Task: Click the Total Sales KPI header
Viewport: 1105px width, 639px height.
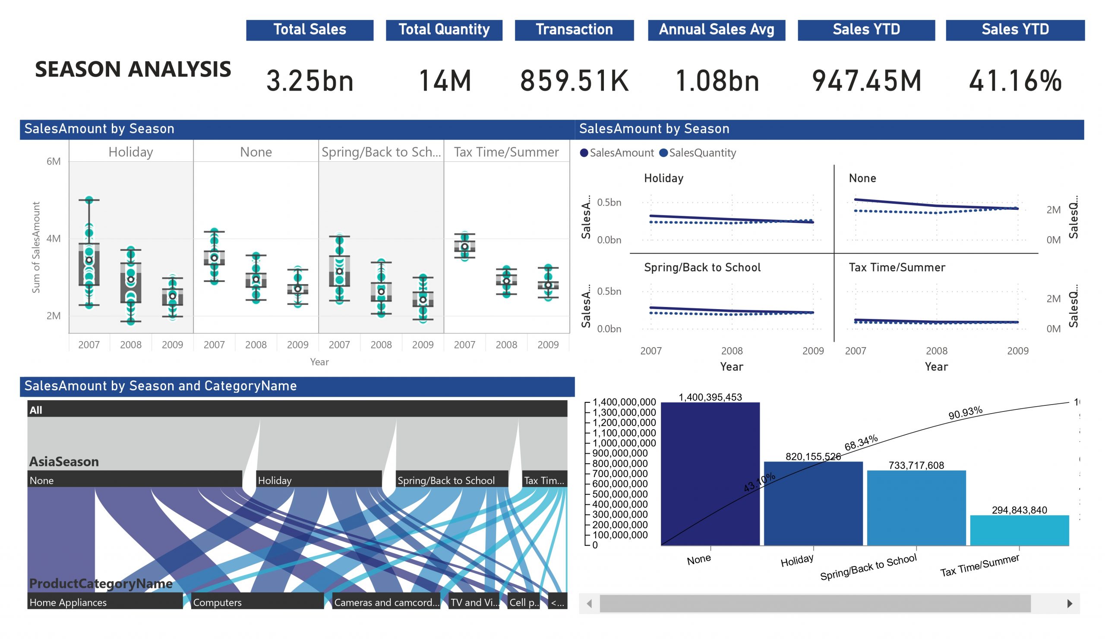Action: tap(309, 30)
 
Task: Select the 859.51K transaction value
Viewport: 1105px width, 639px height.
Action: tap(574, 81)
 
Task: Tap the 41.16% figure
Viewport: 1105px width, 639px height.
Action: tap(1015, 81)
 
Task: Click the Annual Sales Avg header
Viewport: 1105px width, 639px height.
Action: tap(716, 30)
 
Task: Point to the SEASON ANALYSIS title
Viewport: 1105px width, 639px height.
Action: tap(133, 69)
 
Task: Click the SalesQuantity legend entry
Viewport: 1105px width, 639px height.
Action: tap(701, 152)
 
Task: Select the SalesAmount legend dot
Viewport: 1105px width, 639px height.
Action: tap(584, 152)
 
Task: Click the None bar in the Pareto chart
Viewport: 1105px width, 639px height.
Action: tap(710, 474)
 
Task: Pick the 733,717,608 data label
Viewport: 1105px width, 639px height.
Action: tap(916, 465)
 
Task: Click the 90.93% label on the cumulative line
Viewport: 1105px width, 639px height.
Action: tap(965, 413)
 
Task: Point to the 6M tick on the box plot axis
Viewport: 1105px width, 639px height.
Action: tap(54, 161)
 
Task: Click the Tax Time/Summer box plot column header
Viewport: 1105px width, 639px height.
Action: tap(506, 152)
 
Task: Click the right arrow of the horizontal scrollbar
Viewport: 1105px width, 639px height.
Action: tap(1070, 604)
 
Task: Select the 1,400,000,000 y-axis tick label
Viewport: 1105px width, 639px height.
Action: tap(624, 402)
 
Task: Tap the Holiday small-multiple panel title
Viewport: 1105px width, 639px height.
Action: tap(663, 178)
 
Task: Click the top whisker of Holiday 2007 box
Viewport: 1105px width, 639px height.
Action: tap(89, 200)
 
